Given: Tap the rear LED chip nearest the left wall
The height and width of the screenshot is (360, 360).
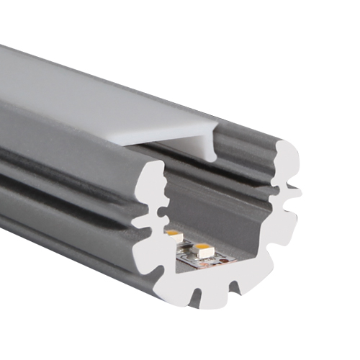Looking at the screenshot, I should pyautogui.click(x=174, y=235).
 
